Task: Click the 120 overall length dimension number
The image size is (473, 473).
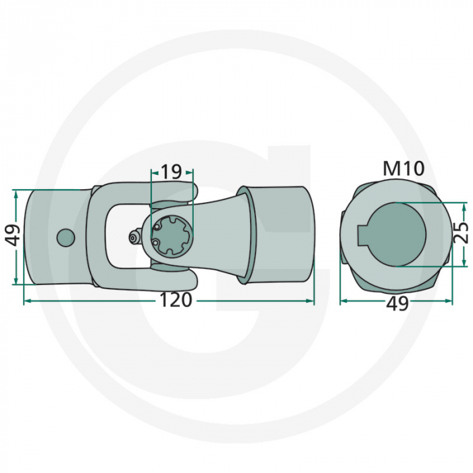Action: tap(177, 300)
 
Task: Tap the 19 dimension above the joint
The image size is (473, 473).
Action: tap(172, 172)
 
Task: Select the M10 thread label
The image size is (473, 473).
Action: tap(403, 169)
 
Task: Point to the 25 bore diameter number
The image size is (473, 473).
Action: tap(460, 234)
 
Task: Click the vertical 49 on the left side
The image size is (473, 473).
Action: tap(13, 236)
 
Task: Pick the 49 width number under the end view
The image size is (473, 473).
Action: tap(397, 304)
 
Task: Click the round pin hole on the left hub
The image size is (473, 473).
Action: tap(66, 238)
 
